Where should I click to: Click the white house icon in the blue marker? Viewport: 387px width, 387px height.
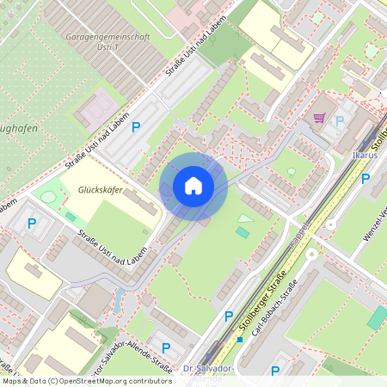[x=193, y=186]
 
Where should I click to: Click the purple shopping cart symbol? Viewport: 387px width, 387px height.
[x=319, y=118]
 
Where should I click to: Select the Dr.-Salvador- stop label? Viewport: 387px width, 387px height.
[x=209, y=369]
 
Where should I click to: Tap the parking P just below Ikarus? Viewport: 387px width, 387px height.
[x=365, y=179]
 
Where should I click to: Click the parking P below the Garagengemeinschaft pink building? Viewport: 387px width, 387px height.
[x=136, y=127]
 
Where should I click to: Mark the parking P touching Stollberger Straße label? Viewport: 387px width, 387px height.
[x=229, y=316]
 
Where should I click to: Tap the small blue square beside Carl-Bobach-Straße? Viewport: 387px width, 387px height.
[x=240, y=339]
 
